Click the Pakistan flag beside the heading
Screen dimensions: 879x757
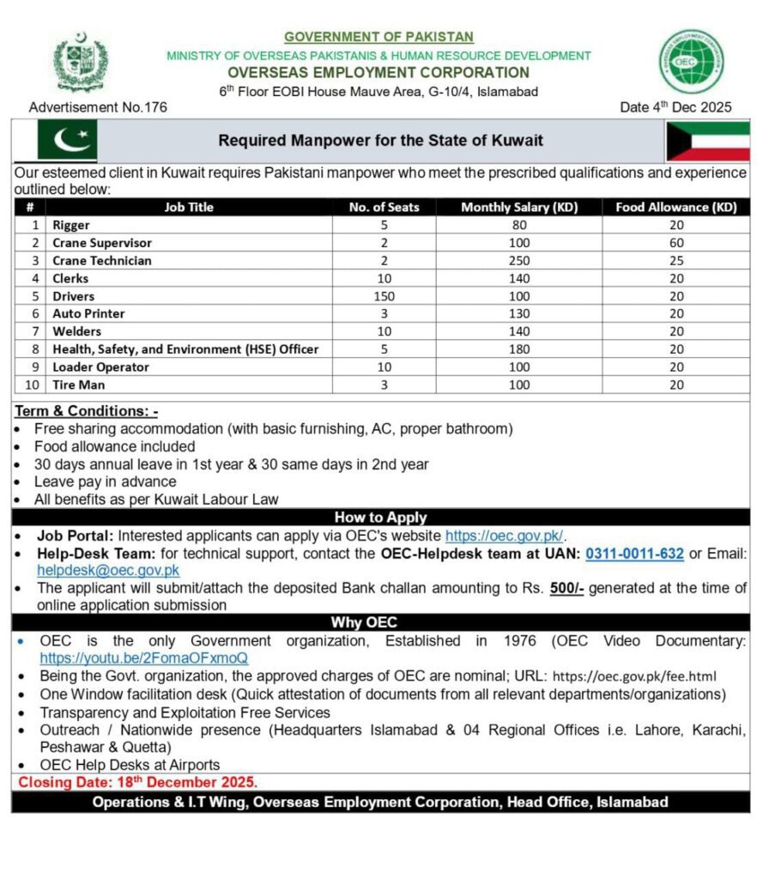click(68, 140)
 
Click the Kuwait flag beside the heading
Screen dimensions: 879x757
click(707, 141)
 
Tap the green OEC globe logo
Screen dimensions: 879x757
click(691, 62)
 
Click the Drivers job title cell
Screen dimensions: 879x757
click(76, 296)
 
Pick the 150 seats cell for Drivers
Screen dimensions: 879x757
click(384, 296)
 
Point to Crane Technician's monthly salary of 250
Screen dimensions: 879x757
click(519, 260)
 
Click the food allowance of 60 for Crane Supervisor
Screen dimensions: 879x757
click(676, 243)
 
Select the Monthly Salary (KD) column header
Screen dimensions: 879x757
click(519, 207)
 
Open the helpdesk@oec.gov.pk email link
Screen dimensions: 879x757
click(108, 570)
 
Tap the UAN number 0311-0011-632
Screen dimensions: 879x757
click(634, 554)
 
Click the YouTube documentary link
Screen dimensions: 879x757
click(143, 658)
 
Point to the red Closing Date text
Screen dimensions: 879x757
click(137, 783)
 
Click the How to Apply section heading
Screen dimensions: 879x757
click(380, 518)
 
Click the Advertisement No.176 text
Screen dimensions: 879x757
click(98, 107)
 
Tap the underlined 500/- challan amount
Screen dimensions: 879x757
click(566, 588)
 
